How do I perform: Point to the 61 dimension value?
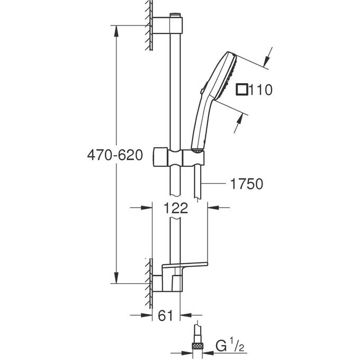click(166, 316)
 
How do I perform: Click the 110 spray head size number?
click(262, 90)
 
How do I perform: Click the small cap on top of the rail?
click(175, 15)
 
